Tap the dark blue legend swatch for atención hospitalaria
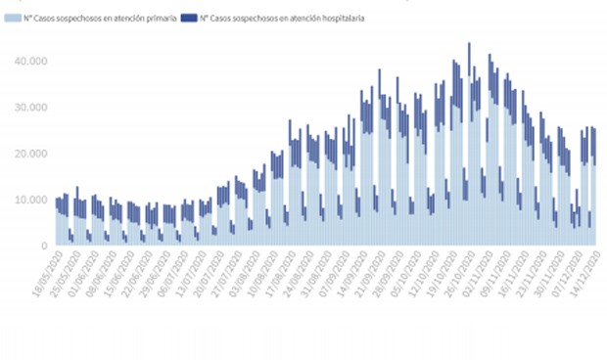[x=192, y=18]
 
